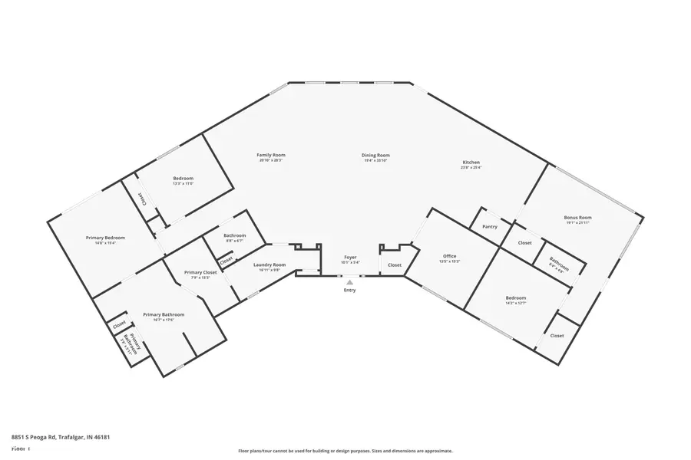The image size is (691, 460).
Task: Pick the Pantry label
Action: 490,227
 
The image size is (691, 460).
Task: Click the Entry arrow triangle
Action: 349,282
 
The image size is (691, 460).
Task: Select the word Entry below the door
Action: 349,291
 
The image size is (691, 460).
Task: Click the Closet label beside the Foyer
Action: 394,265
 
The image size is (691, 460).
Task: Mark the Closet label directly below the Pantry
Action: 524,243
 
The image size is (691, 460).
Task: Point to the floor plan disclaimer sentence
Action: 345,451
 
